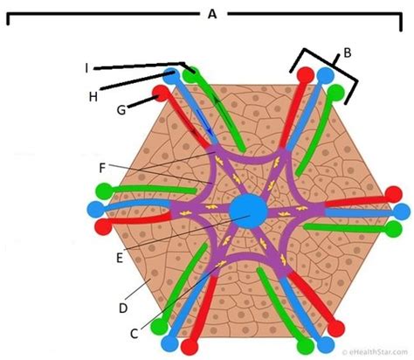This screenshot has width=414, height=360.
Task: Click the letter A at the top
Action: point(212,14)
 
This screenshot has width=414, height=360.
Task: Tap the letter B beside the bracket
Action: point(348,53)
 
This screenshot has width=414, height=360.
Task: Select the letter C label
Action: point(134,334)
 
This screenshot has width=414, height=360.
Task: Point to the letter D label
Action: point(123,308)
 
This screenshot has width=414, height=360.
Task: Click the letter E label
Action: point(120,258)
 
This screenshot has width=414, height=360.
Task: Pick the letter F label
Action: point(102,168)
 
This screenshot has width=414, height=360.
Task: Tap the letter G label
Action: point(121,110)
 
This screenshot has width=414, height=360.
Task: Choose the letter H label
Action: point(93,97)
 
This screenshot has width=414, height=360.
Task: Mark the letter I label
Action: point(86,69)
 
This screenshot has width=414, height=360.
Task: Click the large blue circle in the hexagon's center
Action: point(248,211)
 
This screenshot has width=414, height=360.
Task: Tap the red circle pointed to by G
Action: point(161,93)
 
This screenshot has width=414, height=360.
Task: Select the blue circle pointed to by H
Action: point(171,76)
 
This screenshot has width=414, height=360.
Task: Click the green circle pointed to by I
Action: point(190,75)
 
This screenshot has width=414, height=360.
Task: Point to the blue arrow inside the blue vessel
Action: point(207,123)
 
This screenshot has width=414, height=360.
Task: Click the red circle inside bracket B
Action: point(306,75)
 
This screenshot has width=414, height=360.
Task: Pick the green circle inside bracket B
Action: point(335,93)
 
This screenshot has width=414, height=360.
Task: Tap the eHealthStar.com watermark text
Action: point(375,352)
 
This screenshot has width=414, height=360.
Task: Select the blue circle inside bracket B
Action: point(325,76)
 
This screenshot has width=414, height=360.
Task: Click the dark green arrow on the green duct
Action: point(224,112)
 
